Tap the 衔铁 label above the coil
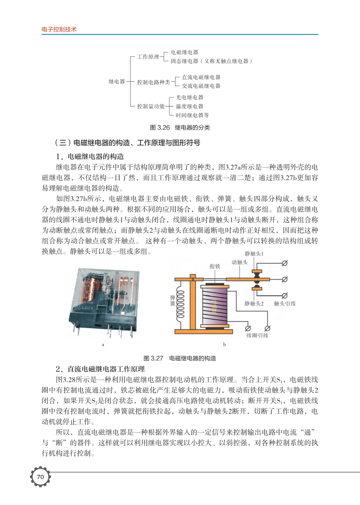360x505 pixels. coord(215,266)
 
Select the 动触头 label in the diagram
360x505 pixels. coord(240,262)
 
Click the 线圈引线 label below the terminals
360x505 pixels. coord(257,336)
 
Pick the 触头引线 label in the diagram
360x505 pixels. coord(285,303)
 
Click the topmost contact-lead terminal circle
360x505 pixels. coord(285,263)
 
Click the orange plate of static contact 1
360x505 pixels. coord(256,271)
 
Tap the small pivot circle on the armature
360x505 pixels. coord(192,279)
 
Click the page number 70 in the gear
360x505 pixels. coord(40,477)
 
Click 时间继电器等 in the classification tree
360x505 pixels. coord(192,115)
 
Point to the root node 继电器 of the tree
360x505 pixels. coord(117,82)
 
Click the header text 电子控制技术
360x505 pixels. coord(59,30)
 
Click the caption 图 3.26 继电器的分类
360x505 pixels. coord(180,128)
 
